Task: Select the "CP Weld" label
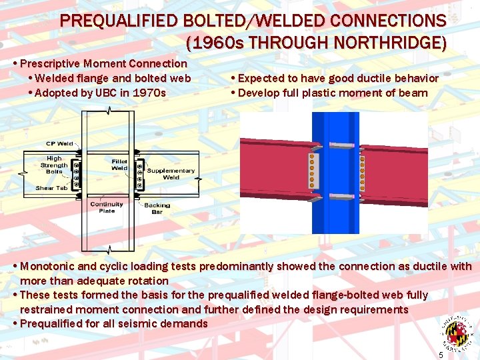(x=59, y=143)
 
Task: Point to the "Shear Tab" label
(x=51, y=189)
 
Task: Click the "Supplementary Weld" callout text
(x=171, y=174)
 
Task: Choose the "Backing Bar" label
(x=157, y=208)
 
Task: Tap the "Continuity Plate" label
(x=106, y=207)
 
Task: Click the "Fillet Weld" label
(x=119, y=165)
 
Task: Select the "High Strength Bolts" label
(x=54, y=165)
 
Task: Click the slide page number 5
(x=441, y=355)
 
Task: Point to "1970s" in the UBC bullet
(x=149, y=93)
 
